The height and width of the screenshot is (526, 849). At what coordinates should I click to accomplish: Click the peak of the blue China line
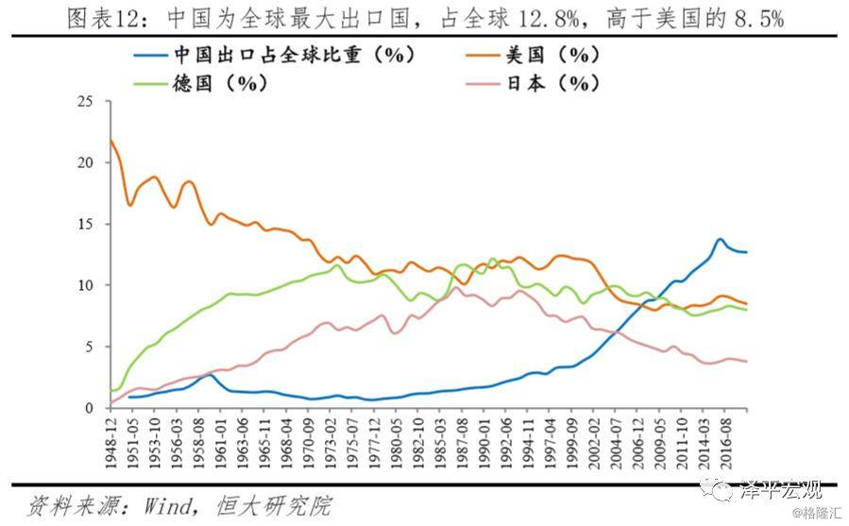click(720, 239)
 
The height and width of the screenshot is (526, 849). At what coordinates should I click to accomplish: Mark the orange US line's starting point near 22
click(110, 140)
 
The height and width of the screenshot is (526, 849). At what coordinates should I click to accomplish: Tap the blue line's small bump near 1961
click(210, 375)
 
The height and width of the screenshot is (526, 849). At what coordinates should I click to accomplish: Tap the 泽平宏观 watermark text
click(781, 490)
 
